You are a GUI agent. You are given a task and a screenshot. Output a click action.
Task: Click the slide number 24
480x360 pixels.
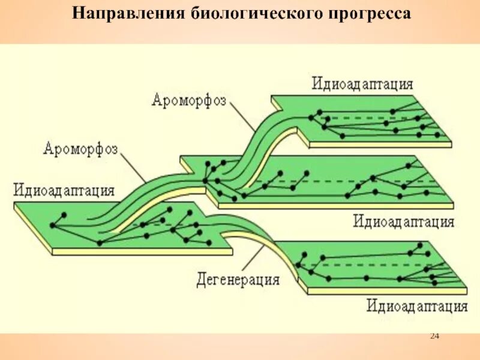(x=435, y=335)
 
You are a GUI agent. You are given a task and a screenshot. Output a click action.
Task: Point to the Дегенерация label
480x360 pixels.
(x=238, y=280)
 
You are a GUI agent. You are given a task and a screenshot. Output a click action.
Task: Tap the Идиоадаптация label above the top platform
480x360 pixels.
(x=362, y=83)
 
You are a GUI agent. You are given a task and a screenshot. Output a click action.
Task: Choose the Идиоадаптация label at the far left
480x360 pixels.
(x=64, y=191)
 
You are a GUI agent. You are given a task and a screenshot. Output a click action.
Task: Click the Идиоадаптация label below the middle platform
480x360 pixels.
(x=403, y=221)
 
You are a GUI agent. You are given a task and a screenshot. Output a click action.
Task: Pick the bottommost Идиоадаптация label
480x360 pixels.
(x=418, y=307)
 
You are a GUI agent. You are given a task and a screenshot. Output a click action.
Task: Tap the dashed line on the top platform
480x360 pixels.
(x=372, y=118)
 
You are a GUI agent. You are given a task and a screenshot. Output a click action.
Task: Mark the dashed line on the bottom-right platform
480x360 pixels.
(x=366, y=265)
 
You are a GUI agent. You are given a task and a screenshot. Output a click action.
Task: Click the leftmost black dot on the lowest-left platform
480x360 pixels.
(x=53, y=226)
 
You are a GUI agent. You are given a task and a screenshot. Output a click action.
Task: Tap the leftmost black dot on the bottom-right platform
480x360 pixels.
(x=298, y=265)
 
